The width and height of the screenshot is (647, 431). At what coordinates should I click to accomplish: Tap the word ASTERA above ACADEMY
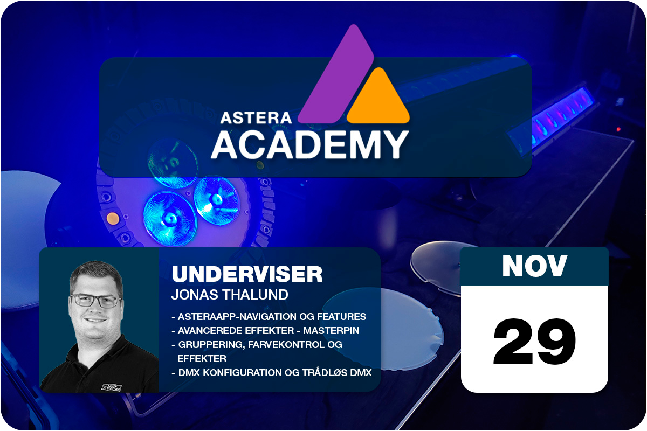pos(256,118)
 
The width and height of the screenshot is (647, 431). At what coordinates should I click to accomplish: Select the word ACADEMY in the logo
pos(309,145)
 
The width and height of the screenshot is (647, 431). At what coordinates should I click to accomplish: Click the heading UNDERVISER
pos(247,274)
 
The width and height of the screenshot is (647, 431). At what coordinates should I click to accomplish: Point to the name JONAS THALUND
pos(230,295)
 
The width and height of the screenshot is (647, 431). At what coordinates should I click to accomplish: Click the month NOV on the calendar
pos(534,266)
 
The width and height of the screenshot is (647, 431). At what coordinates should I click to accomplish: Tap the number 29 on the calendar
pos(534,342)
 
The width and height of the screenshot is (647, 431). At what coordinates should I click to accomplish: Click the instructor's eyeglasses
pos(96,301)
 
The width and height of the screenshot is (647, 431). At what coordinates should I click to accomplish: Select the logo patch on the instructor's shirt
pos(112,387)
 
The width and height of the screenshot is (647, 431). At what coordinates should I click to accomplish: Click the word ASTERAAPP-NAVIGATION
pos(237,317)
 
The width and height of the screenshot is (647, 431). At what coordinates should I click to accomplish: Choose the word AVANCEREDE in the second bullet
pos(205,331)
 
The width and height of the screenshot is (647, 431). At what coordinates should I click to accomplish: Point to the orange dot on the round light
pos(112,219)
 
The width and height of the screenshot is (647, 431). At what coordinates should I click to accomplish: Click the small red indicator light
pos(618,129)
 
